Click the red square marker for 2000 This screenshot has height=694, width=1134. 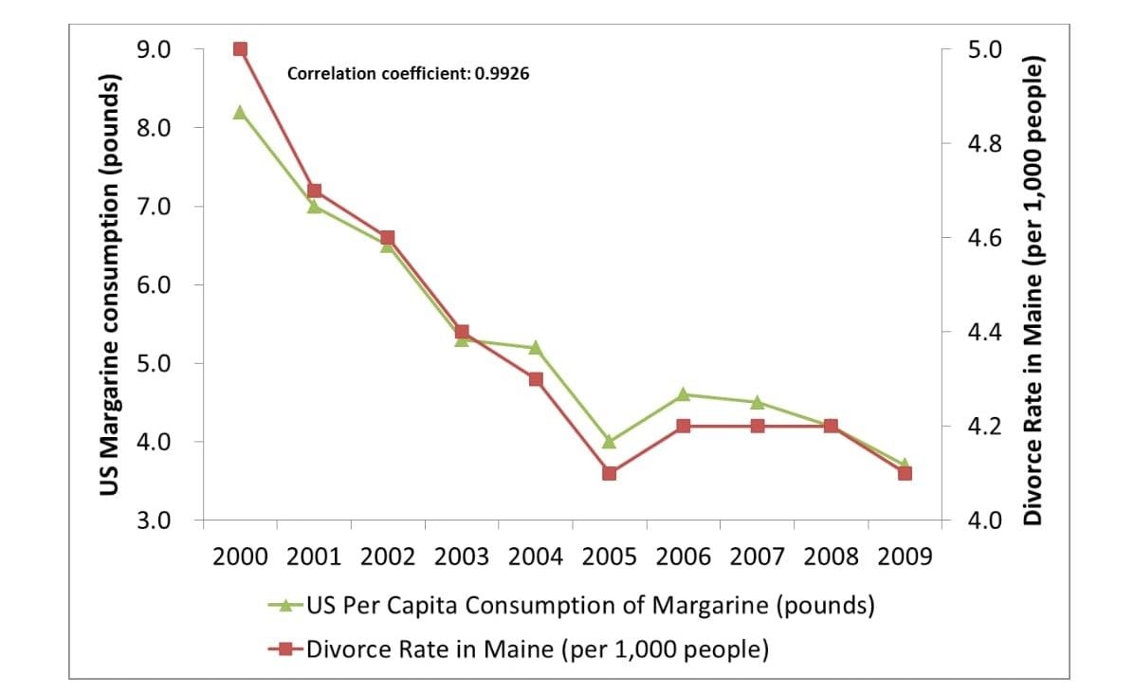240,49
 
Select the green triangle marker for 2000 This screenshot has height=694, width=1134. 240,112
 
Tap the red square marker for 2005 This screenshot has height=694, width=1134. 609,473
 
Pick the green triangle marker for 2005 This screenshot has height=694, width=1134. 609,442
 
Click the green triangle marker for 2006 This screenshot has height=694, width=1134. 683,394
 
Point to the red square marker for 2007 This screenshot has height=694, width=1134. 757,426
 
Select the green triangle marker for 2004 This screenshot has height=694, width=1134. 535,347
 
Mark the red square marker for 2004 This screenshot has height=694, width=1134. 535,379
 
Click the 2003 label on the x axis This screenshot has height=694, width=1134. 462,557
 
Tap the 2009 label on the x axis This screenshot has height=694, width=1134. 905,557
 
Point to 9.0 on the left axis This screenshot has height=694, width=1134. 166,49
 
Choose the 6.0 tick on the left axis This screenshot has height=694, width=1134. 166,284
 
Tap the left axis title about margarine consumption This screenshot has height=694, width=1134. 111,284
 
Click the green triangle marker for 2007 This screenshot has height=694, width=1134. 757,402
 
